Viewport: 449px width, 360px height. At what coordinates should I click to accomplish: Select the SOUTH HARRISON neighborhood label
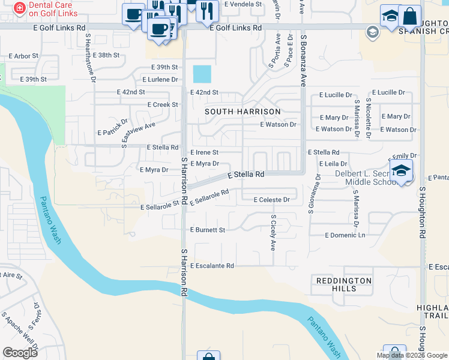tap(243, 112)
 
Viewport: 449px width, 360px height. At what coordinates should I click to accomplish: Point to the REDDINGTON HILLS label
tap(343, 284)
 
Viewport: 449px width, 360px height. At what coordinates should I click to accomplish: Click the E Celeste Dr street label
tap(272, 200)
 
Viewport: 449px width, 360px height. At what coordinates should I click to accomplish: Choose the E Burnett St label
tap(208, 230)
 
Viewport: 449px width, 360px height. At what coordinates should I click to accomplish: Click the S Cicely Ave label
tap(273, 233)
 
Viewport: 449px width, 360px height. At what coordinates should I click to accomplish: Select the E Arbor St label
tap(23, 56)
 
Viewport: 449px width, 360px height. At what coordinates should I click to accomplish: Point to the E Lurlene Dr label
tap(160, 79)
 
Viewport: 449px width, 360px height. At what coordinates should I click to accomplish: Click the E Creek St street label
tap(163, 104)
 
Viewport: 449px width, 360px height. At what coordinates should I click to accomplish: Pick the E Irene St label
tap(204, 153)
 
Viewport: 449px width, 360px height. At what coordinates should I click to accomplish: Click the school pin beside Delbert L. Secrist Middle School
tap(401, 171)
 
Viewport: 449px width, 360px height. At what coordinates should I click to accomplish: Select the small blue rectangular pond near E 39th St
tap(202, 74)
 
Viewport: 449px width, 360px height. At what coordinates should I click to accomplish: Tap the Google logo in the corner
tap(20, 352)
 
